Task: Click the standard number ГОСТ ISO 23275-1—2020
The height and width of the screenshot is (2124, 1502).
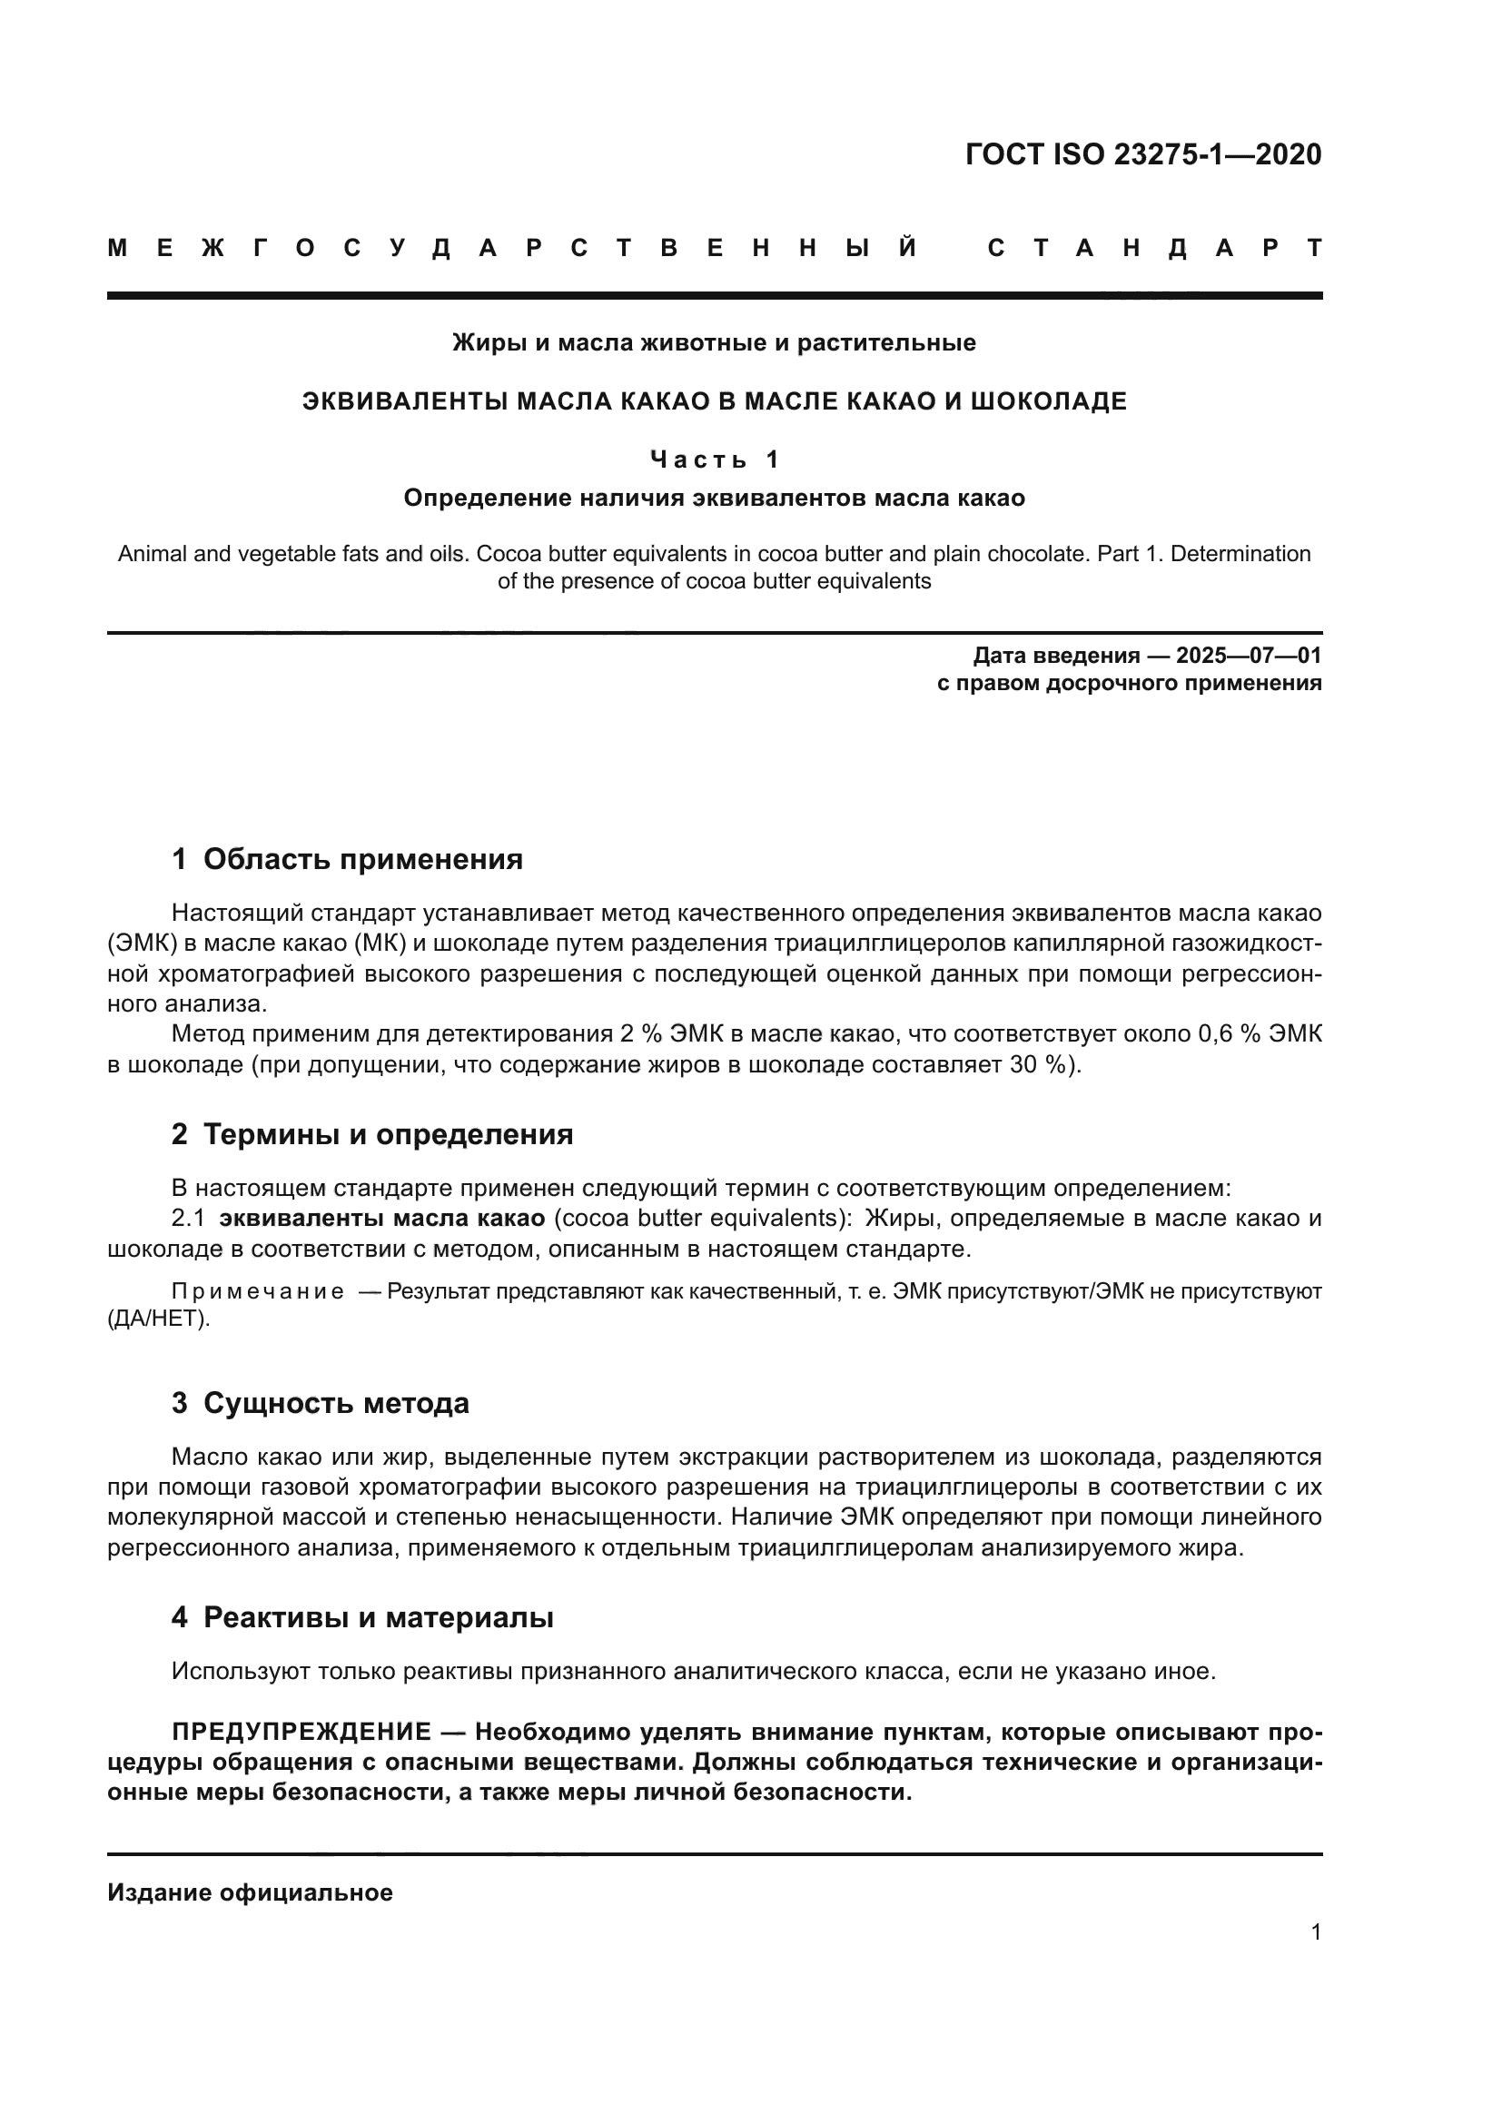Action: tap(1143, 154)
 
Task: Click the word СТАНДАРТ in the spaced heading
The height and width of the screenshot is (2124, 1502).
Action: tap(1154, 249)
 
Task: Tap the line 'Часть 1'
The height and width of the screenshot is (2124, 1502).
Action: tap(714, 459)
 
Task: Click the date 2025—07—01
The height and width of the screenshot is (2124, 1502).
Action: tap(1248, 656)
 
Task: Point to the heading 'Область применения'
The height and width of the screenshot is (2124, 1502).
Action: tap(362, 859)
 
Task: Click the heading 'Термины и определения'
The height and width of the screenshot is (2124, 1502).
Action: tap(388, 1134)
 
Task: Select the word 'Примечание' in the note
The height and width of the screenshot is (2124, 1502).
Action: tap(257, 1291)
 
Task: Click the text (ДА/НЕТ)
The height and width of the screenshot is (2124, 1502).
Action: tap(158, 1319)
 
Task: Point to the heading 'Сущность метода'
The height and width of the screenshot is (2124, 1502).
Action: tap(336, 1403)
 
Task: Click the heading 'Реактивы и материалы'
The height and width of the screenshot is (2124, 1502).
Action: tap(378, 1618)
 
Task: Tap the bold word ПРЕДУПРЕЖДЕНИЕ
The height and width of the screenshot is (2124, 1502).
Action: tap(301, 1732)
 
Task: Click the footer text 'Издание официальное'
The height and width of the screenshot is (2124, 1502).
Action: tap(250, 1892)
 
